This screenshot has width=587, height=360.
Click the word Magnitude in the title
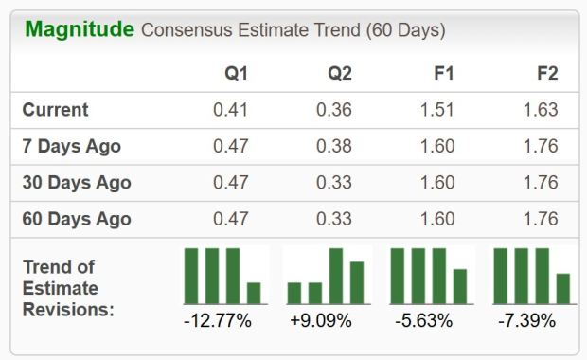[80, 29]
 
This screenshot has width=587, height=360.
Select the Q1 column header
[237, 73]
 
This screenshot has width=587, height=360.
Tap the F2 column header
[545, 73]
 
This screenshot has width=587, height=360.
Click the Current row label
[55, 110]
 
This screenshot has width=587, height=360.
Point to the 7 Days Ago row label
[72, 146]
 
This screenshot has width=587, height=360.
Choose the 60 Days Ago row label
[77, 219]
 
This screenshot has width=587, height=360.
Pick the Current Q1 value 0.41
[230, 110]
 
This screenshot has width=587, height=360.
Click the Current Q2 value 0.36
[333, 110]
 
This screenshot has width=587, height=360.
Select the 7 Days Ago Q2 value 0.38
[333, 146]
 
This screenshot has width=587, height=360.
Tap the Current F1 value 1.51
[436, 110]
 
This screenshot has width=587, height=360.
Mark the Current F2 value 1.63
[540, 110]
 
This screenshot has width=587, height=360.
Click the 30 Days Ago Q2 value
[333, 183]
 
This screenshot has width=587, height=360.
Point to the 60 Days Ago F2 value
[540, 219]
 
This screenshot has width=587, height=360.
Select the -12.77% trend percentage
[218, 321]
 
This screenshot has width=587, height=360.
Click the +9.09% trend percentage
[321, 321]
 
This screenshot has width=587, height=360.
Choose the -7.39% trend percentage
[527, 321]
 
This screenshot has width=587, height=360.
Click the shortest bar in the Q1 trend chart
[254, 293]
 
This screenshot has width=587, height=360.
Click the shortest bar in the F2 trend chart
[563, 288]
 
